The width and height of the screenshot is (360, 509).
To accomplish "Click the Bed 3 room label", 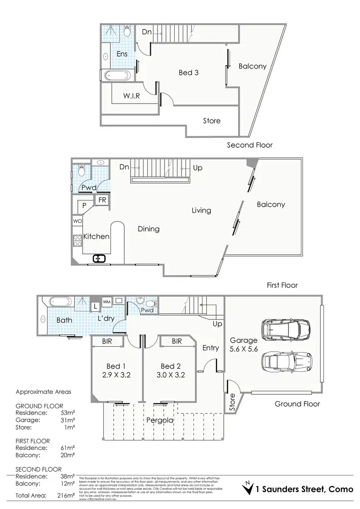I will [x=189, y=73].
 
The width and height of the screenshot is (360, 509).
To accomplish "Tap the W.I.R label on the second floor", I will [x=132, y=95].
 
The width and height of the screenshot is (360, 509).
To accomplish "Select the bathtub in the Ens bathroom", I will [x=116, y=76].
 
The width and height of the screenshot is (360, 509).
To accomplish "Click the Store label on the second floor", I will [x=212, y=120].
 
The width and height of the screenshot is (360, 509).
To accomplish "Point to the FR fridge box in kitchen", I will [x=102, y=200].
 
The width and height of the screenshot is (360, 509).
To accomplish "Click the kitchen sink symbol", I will [x=99, y=259].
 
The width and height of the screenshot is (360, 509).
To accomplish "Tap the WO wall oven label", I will [x=77, y=221].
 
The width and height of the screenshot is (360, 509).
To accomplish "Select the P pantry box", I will [x=84, y=205].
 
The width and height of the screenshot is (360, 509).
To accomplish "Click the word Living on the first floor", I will [x=201, y=210].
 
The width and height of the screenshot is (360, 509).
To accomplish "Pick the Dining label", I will [x=148, y=229].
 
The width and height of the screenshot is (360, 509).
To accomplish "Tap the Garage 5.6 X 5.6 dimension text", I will [x=244, y=344].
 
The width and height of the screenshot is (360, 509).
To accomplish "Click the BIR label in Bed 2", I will [x=176, y=341].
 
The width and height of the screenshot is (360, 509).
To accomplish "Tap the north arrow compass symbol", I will [x=248, y=488].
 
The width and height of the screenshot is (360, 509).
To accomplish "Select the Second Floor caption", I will [x=250, y=145].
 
